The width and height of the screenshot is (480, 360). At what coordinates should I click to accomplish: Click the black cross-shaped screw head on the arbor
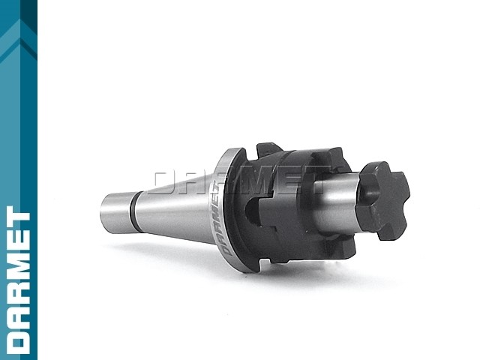tap(382, 199)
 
